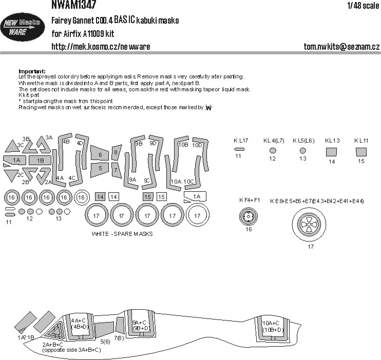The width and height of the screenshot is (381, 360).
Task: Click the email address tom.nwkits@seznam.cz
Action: coord(341,47)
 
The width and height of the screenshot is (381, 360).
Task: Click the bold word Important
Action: coord(32,71)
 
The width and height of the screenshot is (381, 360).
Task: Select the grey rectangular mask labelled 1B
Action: coord(40,161)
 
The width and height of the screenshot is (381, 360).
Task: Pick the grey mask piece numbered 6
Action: coord(100,154)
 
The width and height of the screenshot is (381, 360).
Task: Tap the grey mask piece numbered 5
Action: coord(100,168)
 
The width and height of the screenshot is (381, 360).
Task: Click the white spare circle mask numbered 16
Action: coord(81,197)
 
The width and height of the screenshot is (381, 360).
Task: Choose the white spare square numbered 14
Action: coord(113,197)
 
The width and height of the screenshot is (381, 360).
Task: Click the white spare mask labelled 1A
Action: coord(195,196)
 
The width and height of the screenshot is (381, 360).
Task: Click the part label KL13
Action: coord(332,141)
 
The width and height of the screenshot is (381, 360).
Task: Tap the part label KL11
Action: coord(361,141)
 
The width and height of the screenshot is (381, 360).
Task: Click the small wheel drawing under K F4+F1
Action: coord(249,218)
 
